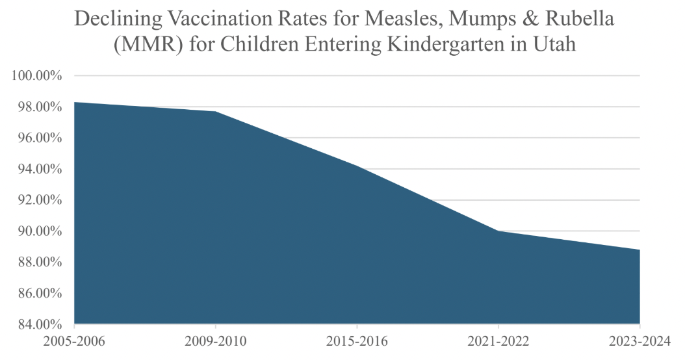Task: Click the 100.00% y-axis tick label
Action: tap(36, 76)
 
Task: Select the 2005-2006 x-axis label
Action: tap(75, 342)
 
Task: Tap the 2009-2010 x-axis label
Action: tap(216, 342)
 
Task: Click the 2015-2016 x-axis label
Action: tap(357, 342)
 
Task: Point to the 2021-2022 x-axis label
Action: tap(498, 342)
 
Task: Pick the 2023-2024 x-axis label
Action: tap(640, 342)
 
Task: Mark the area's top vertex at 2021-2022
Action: tap(498, 231)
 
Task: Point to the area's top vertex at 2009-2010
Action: tap(216, 112)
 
